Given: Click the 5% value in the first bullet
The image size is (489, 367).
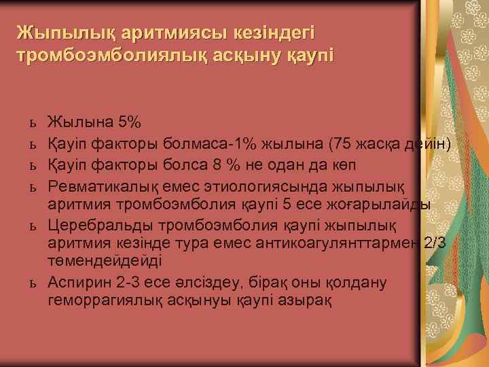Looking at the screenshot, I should pos(129,123).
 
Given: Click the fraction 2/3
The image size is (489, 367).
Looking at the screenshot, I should pos(435,243).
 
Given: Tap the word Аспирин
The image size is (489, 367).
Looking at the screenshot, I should pos(76,282).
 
